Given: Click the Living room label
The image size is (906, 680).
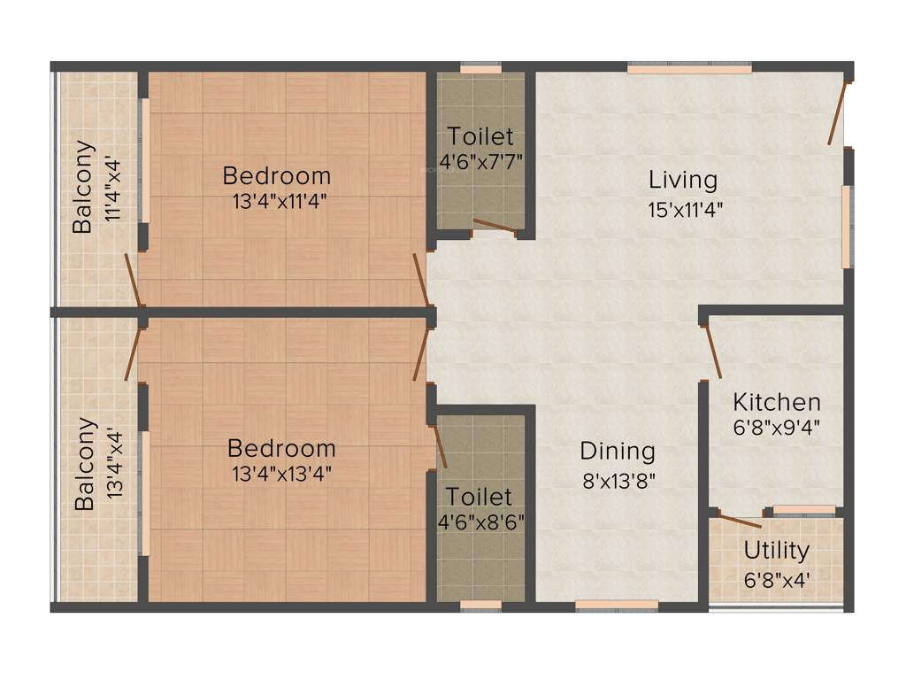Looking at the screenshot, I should point(683,180).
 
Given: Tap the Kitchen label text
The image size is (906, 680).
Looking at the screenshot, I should point(776,402).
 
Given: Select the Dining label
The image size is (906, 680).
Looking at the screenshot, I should point(618,452).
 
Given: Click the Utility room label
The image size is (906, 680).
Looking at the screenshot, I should point(776,551).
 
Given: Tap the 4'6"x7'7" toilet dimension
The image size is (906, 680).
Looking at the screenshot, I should point(480,163).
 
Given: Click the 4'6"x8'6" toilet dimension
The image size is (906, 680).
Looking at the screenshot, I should point(481,522).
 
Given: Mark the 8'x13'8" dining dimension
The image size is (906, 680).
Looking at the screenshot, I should point(618,481).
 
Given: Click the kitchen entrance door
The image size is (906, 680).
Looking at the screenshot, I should point(711,351).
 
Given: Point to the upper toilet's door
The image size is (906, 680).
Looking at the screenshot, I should point(495,227).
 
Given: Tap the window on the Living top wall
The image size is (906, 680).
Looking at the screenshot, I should point(689,67).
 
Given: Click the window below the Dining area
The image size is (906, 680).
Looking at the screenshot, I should point(617,606).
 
